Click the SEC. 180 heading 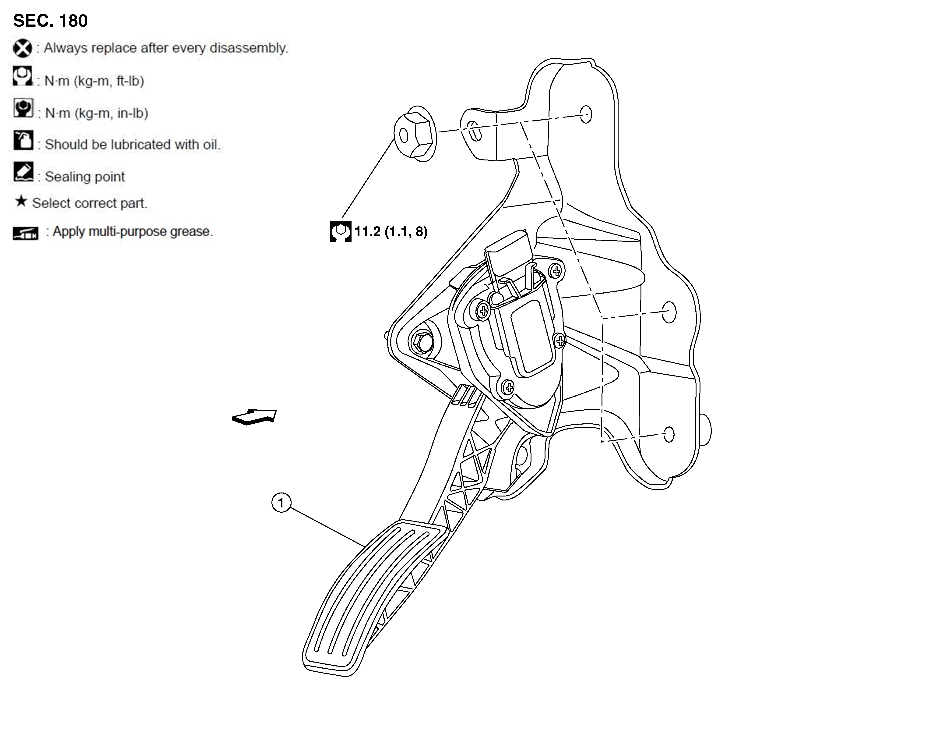(x=50, y=21)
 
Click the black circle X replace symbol (x=22, y=48)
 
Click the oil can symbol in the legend (x=23, y=140)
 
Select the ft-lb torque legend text (x=94, y=81)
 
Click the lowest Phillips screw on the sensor (x=509, y=387)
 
